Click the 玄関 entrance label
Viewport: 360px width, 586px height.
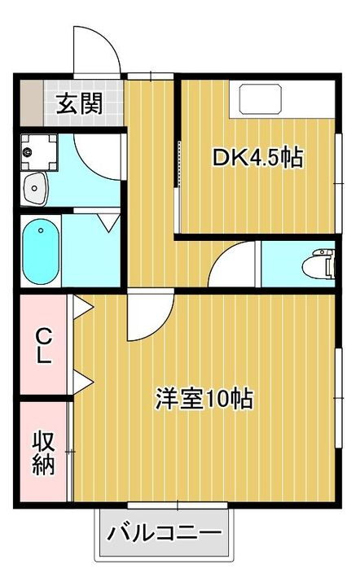79,103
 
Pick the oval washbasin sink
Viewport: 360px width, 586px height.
37,190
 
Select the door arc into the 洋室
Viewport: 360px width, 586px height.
149,317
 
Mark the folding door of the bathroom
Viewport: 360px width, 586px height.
106,221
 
